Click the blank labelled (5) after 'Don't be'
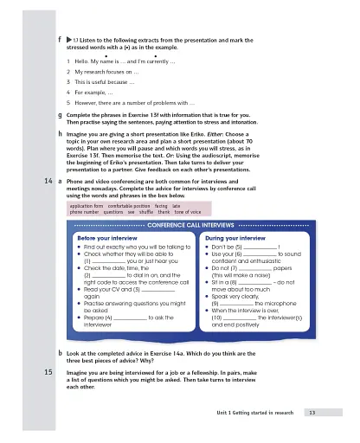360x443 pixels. (x=257, y=247)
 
